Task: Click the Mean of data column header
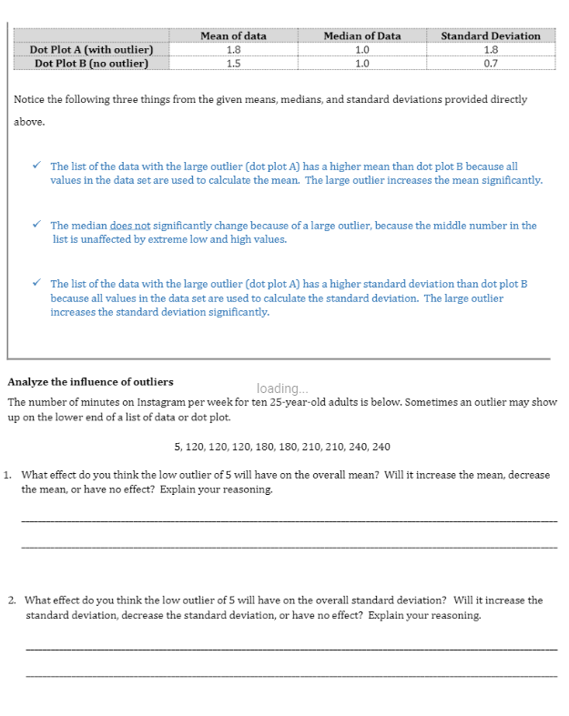pos(233,35)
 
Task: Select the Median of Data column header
pos(361,35)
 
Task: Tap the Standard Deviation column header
pos(490,35)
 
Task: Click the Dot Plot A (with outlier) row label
pos(91,49)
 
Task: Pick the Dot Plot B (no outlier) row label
pos(91,63)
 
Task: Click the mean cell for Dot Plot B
pos(233,63)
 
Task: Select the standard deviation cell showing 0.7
pos(490,63)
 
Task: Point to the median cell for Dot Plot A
pos(361,49)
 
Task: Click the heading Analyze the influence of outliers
pos(90,381)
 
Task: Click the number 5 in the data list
pos(176,447)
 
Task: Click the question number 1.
pos(8,475)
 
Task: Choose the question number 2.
pos(12,600)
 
